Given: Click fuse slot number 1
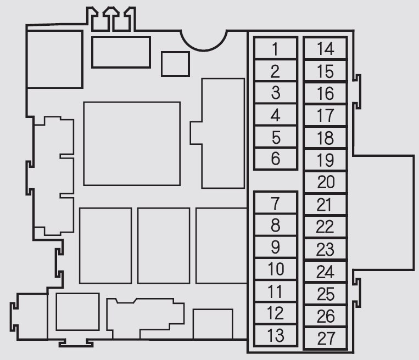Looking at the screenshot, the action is coord(276,49).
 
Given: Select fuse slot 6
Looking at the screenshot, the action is coord(276,159).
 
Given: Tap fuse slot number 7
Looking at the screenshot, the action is coord(276,203).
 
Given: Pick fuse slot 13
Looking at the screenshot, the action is coord(276,335).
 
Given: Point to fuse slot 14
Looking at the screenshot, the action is coord(326,49).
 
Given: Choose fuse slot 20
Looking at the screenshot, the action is coord(326,182).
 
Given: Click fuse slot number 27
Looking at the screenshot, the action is coord(326,338).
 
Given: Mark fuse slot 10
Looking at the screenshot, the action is coord(276,269).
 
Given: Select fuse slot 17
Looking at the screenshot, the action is coord(326,115).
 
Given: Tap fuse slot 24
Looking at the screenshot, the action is coord(326,272).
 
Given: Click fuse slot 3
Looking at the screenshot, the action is coord(276,93).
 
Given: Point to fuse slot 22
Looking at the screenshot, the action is coord(326,227).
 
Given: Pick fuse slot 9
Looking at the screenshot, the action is coord(276,247).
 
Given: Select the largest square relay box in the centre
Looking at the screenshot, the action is coord(132,144).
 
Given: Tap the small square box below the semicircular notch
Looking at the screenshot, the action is coord(175,64).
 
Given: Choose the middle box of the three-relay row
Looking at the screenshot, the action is coord(164,246).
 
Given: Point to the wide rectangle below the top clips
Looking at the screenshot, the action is coord(121,52).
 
